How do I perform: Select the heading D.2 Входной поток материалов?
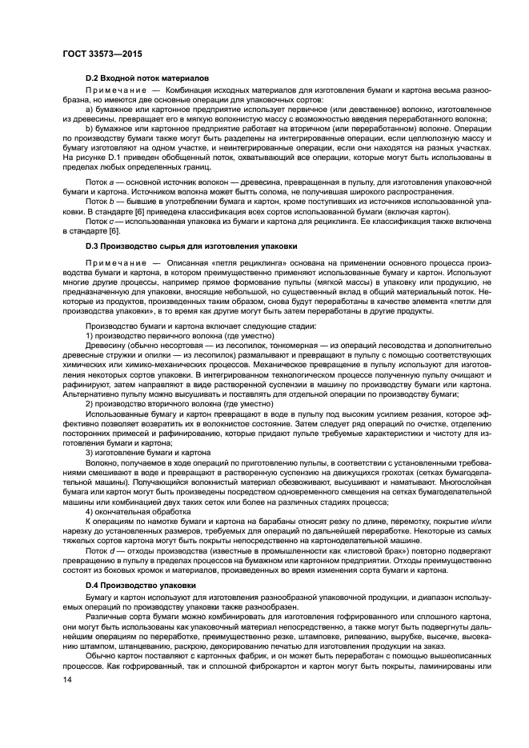146,78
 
